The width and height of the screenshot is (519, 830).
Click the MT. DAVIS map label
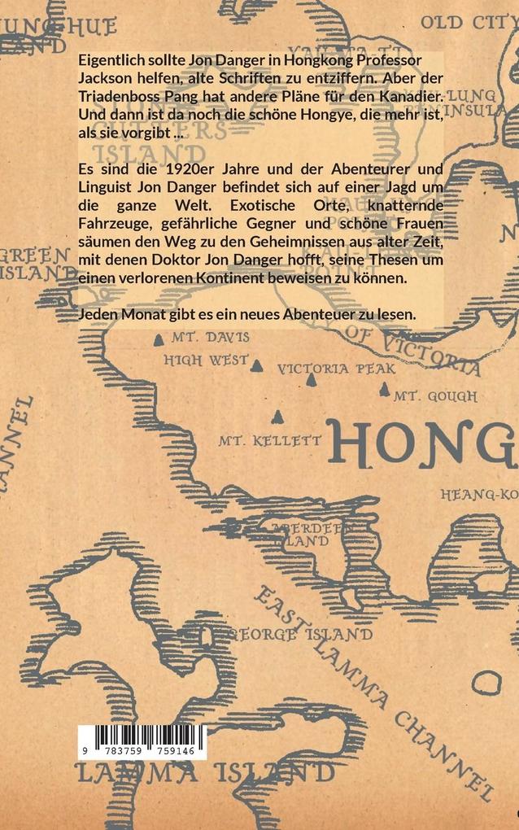pos(217,337)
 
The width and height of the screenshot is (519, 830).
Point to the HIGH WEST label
pos(206,359)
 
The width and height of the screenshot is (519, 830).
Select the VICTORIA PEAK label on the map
pos(336,369)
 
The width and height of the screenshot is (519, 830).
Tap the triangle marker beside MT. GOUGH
pos(385,390)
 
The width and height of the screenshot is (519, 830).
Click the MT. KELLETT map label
pos(268,441)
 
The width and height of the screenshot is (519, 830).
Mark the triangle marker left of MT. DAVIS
pos(159,334)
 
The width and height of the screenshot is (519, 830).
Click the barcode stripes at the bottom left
pos(142,736)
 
